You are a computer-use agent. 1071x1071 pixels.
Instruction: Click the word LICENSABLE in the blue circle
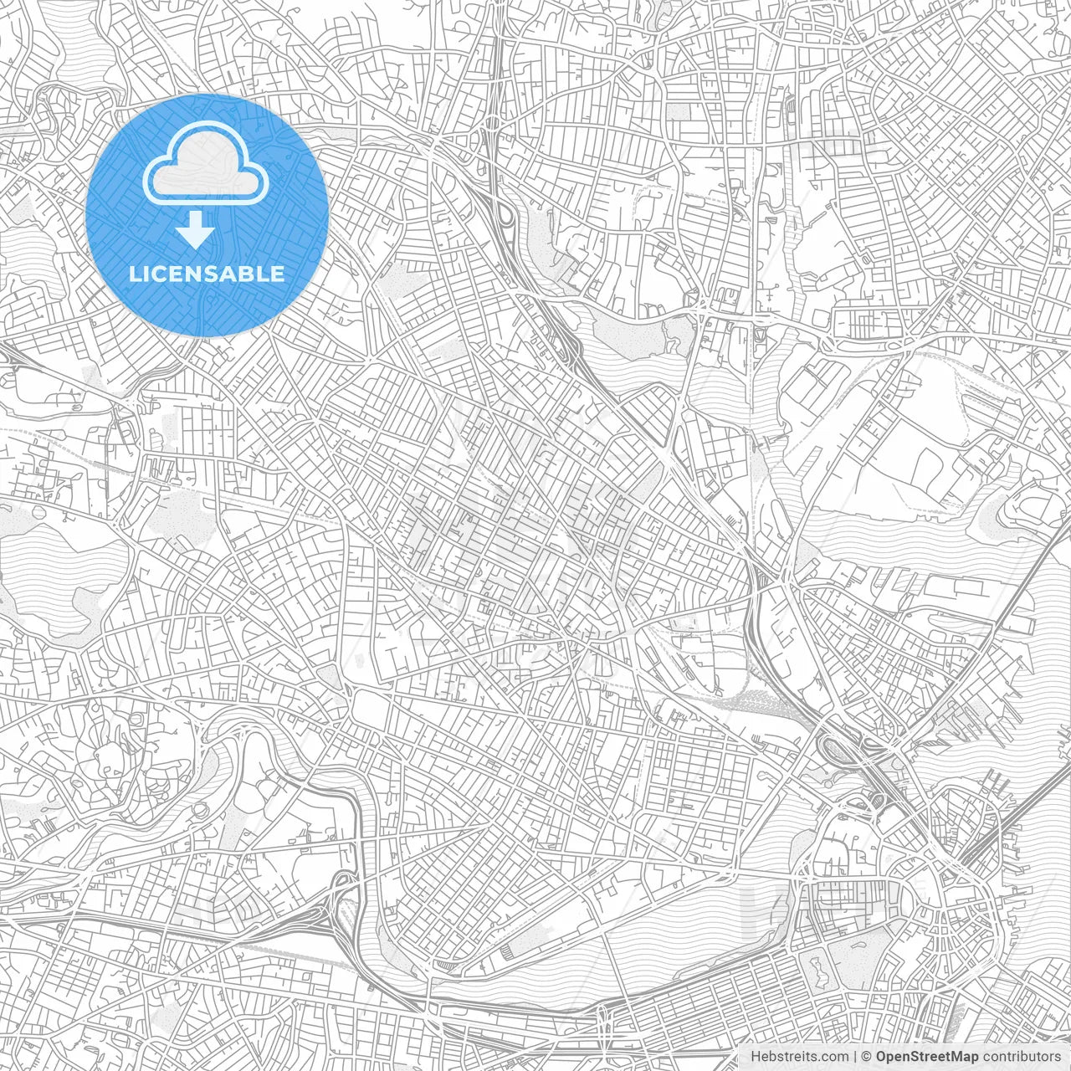(207, 274)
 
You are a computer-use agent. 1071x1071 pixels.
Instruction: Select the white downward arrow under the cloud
(197, 230)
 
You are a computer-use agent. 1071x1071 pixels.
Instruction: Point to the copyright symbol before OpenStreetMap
(867, 1057)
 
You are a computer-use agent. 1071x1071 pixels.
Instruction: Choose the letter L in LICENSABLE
(134, 274)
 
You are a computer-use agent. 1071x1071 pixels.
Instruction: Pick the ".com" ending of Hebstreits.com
(832, 1057)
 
